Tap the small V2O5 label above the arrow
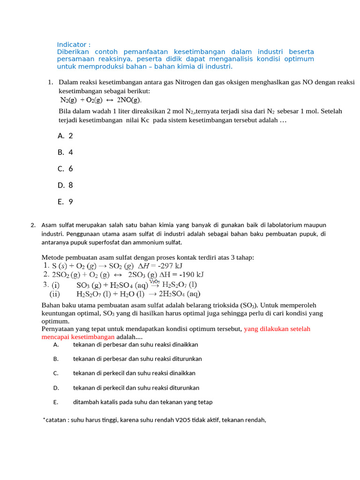155,281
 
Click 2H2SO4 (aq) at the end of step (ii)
180,294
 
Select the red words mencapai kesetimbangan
78,337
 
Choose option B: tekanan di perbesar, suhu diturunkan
137,359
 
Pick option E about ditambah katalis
142,402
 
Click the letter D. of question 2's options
56,388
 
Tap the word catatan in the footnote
56,420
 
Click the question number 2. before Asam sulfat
33,225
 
